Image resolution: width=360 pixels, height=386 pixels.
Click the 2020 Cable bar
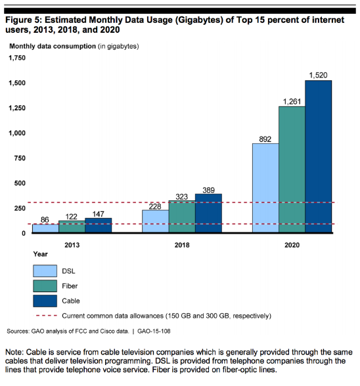[319, 156]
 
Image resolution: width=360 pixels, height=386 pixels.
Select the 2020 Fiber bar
[292, 169]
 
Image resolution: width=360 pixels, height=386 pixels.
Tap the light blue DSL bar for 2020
[265, 188]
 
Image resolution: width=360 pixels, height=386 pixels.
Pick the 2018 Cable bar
[208, 213]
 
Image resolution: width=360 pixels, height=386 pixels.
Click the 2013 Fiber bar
[72, 226]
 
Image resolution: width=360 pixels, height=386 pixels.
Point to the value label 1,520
[319, 75]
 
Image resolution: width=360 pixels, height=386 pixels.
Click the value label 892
[265, 139]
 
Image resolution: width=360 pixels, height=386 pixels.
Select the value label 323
[182, 197]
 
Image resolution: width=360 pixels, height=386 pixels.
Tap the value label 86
[45, 219]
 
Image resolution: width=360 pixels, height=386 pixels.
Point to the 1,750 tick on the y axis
[17, 58]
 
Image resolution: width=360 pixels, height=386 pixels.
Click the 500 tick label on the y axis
[20, 183]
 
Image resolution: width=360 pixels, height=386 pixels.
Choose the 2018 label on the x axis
[182, 246]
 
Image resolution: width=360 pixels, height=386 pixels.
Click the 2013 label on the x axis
[72, 246]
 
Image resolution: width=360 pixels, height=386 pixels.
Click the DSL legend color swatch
[45, 271]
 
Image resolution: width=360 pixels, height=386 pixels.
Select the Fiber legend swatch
[45, 286]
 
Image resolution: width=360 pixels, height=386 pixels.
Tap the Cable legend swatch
[45, 301]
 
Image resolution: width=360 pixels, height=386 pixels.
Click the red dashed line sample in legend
[47, 315]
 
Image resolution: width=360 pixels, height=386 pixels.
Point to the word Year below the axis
[41, 254]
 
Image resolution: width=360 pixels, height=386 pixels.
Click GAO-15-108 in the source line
[154, 332]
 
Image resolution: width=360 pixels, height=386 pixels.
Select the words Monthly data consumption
[53, 46]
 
